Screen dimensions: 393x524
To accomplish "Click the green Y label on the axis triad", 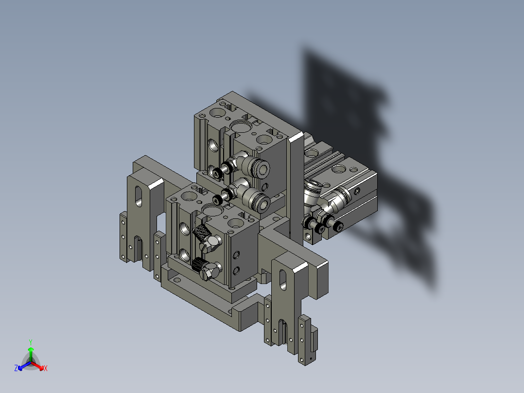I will (x=30, y=342).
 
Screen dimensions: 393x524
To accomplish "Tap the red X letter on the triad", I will (x=45, y=369).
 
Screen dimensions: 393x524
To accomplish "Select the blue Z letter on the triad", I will (x=16, y=369).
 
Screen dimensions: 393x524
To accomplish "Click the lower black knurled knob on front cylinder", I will (x=198, y=265).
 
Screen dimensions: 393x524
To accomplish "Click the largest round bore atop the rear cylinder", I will (x=240, y=126).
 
